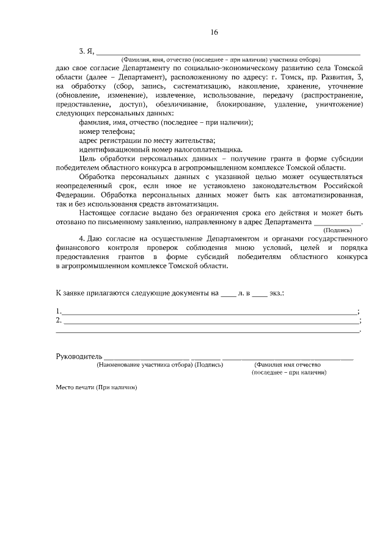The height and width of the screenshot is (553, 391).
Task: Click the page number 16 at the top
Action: click(213, 32)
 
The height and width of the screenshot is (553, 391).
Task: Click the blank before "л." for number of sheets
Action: click(227, 294)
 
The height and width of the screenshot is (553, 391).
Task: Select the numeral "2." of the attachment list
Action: click(59, 320)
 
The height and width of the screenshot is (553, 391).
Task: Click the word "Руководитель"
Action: click(78, 356)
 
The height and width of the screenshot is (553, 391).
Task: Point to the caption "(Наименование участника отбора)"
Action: click(144, 365)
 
